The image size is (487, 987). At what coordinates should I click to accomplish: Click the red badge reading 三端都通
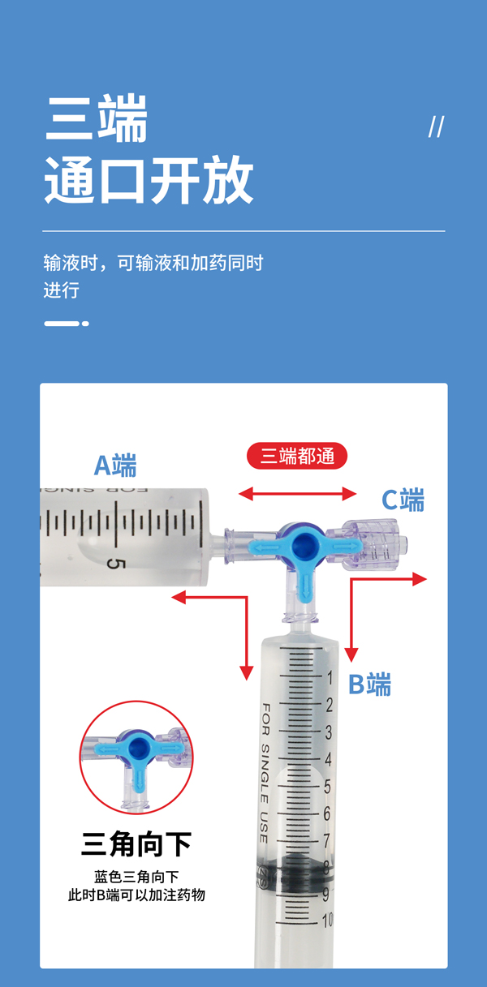297,456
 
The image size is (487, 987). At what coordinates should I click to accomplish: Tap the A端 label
115,466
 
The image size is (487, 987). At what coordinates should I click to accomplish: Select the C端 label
403,500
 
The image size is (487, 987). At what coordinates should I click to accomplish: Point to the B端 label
369,684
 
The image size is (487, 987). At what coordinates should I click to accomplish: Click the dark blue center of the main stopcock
304,546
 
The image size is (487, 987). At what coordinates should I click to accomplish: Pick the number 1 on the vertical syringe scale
330,678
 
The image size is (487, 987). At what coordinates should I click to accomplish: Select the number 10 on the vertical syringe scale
327,920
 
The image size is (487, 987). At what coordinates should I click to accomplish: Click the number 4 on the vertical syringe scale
328,759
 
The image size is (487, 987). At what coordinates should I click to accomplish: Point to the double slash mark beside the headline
437,127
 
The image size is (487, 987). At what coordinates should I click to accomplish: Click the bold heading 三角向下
136,843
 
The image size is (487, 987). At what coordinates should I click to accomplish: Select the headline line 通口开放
149,179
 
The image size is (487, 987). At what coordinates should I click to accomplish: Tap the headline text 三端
96,118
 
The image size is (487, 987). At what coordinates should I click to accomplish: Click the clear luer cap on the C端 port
376,545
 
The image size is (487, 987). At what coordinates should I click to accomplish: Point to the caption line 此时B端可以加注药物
136,895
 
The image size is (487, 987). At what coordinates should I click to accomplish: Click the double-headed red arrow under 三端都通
297,493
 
